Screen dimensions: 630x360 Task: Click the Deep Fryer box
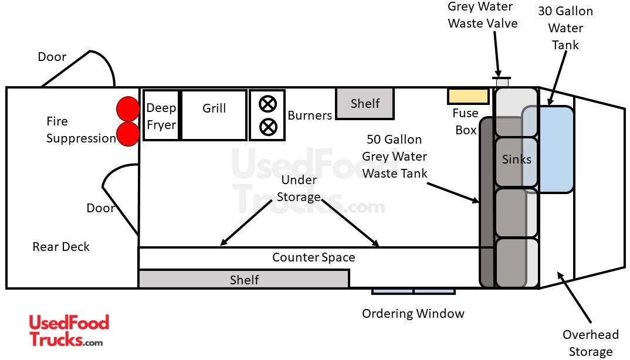point(161,116)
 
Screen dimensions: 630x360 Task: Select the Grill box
point(214,116)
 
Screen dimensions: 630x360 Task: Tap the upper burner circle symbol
point(267,104)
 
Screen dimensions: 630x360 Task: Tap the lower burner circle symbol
point(267,127)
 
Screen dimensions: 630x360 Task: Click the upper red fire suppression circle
point(128,109)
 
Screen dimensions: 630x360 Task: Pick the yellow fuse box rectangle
point(468,96)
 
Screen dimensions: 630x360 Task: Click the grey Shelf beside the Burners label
point(365,104)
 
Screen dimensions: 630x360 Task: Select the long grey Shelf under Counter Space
point(244,279)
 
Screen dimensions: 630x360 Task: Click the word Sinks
point(517,159)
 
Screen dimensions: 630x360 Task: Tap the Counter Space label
point(313,257)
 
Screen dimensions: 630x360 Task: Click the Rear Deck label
point(61,247)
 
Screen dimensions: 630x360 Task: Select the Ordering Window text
point(413,314)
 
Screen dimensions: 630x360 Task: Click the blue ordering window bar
point(414,291)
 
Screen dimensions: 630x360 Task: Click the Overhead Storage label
point(590,343)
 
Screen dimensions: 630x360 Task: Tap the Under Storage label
point(299,188)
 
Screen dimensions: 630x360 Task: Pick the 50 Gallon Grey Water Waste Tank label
point(395,157)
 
